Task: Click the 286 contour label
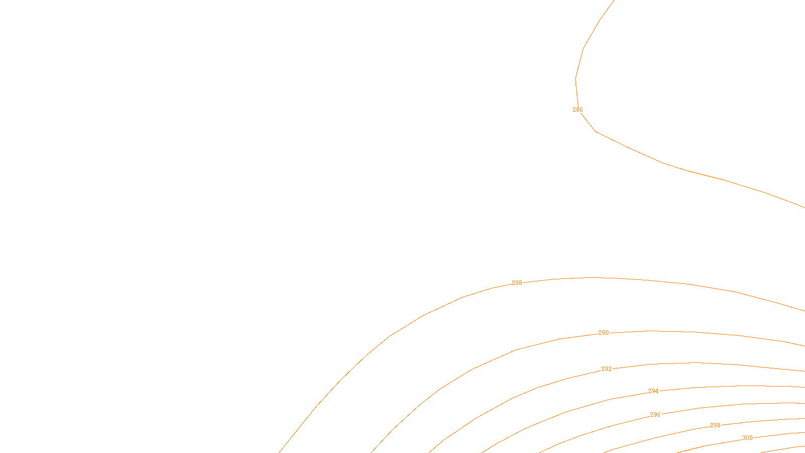tap(578, 110)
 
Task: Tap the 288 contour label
tap(517, 283)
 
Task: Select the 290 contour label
tap(603, 333)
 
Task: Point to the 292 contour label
tap(606, 369)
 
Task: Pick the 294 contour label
tap(653, 391)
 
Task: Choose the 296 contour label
tap(655, 415)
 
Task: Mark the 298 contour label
tap(715, 425)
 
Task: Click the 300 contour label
tap(747, 438)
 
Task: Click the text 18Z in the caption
tap(381, 445)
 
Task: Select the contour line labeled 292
tap(537, 388)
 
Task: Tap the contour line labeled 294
tap(567, 412)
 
